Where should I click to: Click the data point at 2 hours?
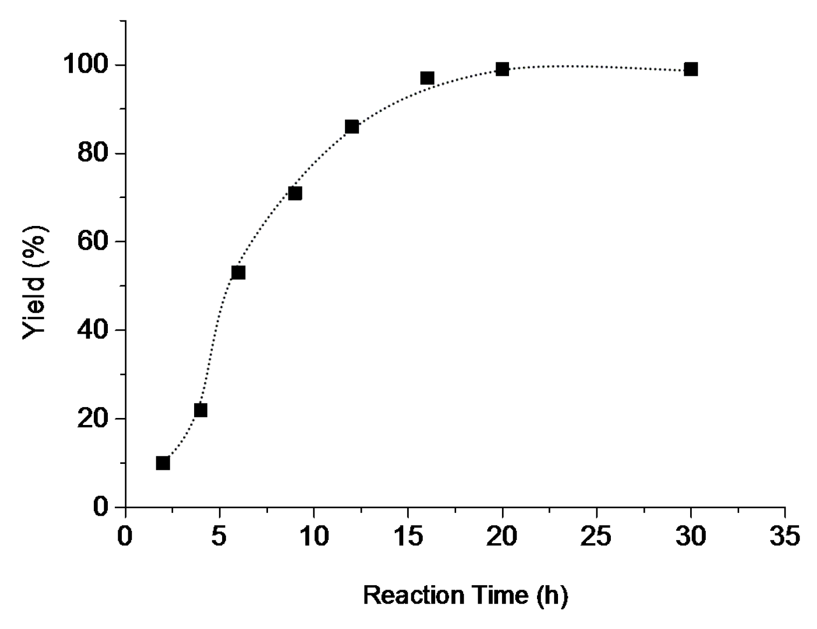click(163, 463)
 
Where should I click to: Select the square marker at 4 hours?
click(201, 410)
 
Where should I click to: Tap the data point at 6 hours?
click(238, 272)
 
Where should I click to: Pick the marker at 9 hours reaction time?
click(295, 193)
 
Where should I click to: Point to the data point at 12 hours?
click(352, 127)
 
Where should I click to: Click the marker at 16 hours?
click(427, 78)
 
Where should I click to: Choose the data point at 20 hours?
click(503, 69)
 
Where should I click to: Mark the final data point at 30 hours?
click(691, 69)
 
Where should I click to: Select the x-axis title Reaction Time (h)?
click(465, 595)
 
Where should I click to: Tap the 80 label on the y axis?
click(93, 154)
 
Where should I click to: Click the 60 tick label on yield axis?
click(93, 241)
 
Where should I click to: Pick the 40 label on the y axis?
click(93, 330)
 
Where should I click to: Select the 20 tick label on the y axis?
click(93, 419)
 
